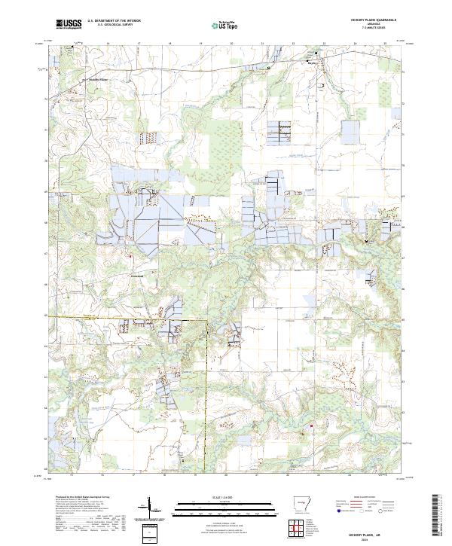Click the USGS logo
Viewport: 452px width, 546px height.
69,25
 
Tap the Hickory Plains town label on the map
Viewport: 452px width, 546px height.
98,79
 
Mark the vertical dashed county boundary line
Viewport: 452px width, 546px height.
206,392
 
